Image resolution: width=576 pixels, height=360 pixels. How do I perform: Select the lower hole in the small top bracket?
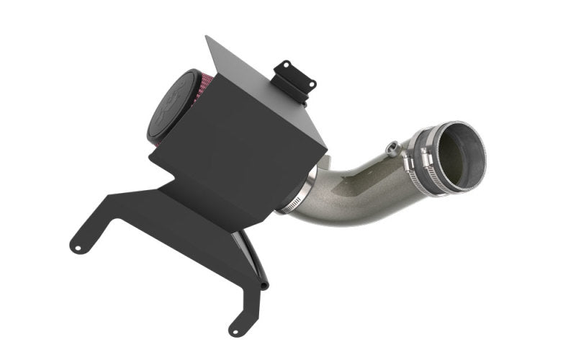point(311,85)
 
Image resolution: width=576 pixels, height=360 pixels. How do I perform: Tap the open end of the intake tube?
point(462,156)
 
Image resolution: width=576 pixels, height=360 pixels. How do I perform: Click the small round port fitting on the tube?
point(391,149)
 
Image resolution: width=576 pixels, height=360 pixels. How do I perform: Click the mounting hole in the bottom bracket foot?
point(235,328)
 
